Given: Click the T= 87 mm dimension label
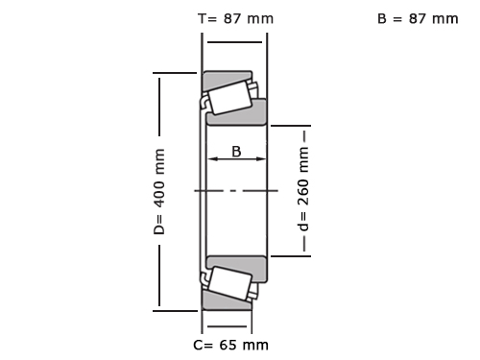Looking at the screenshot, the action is [236, 18].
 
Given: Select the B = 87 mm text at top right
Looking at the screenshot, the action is [418, 18].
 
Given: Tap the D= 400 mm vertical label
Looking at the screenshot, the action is [159, 191].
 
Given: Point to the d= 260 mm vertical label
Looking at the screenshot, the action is [303, 189].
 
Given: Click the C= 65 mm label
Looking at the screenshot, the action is [230, 345].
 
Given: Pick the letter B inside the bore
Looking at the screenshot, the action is [236, 152].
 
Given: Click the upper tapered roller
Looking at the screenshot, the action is [229, 98].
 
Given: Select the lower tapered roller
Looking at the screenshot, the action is [229, 283].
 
